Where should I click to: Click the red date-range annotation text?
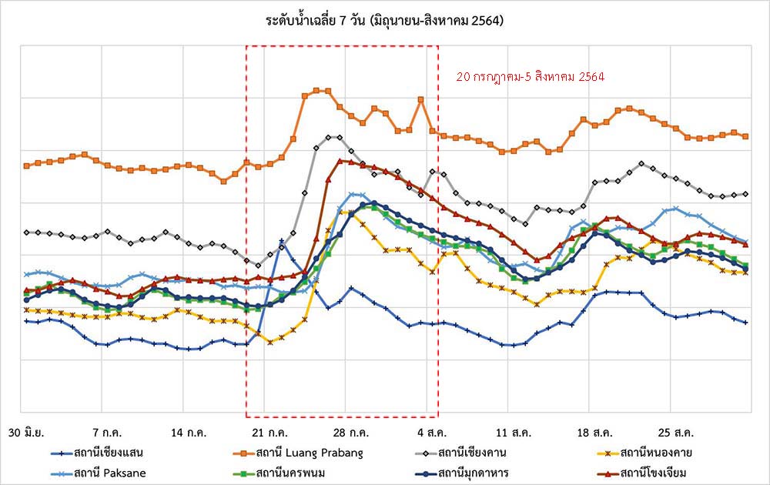click(x=530, y=77)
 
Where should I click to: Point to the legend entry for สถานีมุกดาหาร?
click(x=475, y=472)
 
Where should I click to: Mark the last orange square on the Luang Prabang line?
click(x=745, y=136)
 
